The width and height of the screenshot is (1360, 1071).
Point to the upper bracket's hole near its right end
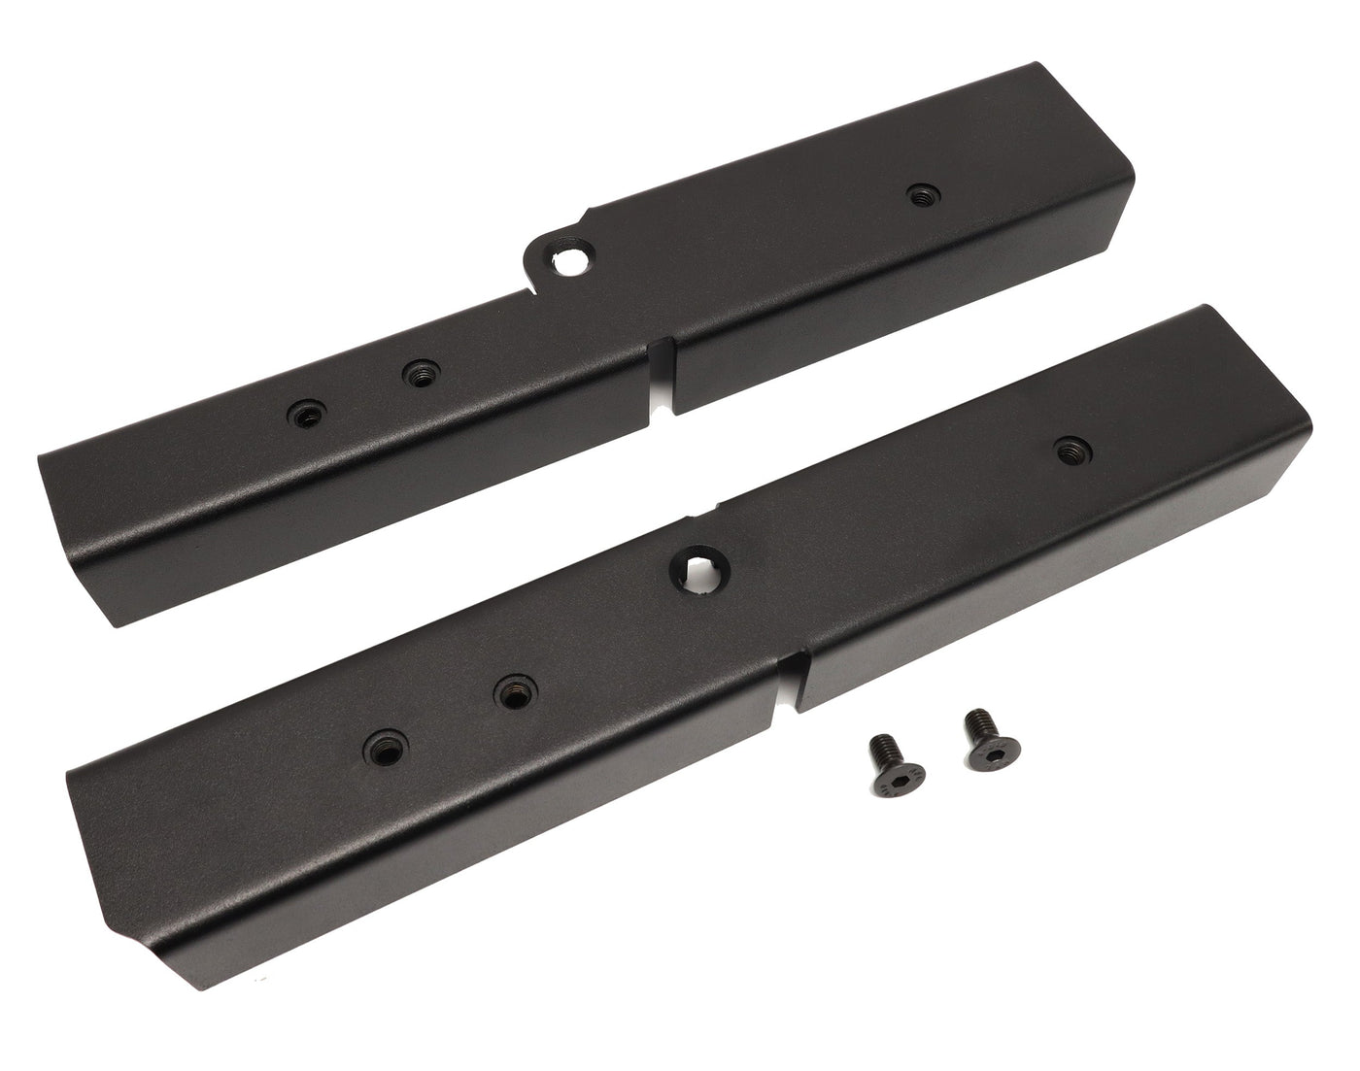[x=918, y=196]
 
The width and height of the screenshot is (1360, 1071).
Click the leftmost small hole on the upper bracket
[x=304, y=416]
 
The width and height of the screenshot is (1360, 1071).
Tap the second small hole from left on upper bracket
[x=420, y=372]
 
